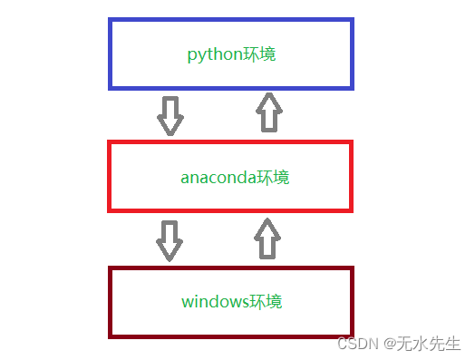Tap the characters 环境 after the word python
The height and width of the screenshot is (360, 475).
click(259, 54)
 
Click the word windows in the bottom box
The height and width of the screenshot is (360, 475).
click(214, 301)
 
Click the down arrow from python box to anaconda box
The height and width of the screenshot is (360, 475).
click(170, 115)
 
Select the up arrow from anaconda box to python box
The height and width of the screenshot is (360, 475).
click(268, 113)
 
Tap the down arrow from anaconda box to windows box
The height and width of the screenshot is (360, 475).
click(170, 238)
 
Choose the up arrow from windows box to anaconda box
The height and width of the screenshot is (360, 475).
click(265, 238)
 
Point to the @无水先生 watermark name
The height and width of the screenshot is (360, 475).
click(422, 345)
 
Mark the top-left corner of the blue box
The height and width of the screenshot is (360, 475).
click(111, 20)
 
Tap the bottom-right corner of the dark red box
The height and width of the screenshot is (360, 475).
click(351, 336)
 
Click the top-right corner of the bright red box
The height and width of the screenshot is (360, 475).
click(351, 142)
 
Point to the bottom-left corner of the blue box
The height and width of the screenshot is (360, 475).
click(111, 87)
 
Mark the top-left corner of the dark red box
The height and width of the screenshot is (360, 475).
click(111, 268)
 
